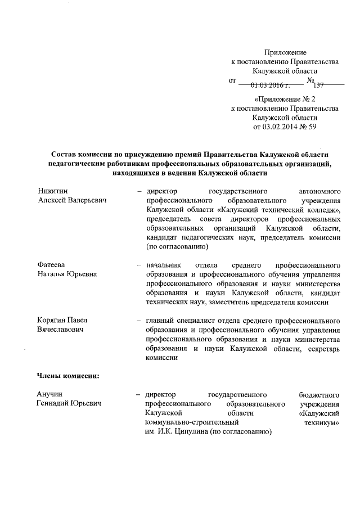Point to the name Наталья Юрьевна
pyautogui.click(x=67, y=274)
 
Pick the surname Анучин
pyautogui.click(x=49, y=394)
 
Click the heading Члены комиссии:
pyautogui.click(x=68, y=375)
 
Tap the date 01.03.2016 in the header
pyautogui.click(x=270, y=85)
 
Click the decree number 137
pyautogui.click(x=319, y=85)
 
